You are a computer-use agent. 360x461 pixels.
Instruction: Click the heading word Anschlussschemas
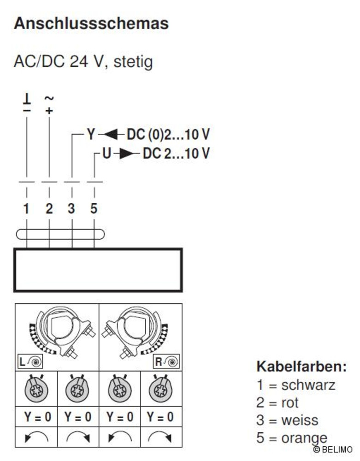coord(91,23)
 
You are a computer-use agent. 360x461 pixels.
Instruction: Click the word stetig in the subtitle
coord(133,62)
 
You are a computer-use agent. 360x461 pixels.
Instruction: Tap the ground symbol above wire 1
coord(27,100)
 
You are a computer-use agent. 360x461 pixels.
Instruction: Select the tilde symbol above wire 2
coord(49,98)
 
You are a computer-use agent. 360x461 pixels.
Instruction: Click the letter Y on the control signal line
coord(91,135)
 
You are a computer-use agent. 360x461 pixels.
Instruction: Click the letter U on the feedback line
coord(106,153)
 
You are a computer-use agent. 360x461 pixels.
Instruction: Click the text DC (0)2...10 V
coord(168,135)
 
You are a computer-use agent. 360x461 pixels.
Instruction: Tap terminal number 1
coord(26,208)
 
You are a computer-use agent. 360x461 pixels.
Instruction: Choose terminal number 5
coord(94,208)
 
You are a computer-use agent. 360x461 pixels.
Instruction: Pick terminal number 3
coord(71,208)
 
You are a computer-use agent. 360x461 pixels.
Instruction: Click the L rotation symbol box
coord(30,361)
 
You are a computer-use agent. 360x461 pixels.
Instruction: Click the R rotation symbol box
coord(166,361)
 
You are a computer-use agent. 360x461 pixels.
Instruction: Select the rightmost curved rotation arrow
coord(160,437)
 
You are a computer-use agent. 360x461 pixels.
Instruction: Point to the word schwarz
coord(308,385)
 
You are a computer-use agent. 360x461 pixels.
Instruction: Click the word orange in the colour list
coord(305,438)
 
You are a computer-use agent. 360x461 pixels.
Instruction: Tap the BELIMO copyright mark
coord(333,449)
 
